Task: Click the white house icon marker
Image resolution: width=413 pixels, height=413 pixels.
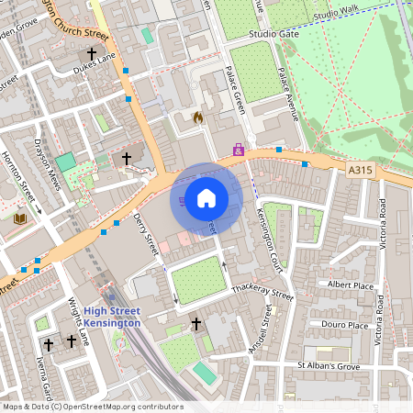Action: point(206,197)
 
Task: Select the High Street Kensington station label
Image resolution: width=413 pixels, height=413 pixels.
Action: point(112,317)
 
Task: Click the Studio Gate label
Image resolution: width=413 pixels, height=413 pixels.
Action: point(274,34)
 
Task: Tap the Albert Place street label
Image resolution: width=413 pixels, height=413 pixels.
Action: point(351,285)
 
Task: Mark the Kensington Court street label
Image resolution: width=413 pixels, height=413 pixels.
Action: point(269,241)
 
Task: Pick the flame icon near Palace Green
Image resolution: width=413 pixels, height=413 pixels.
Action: point(197,117)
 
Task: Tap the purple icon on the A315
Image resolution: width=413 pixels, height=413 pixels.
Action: point(239,149)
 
